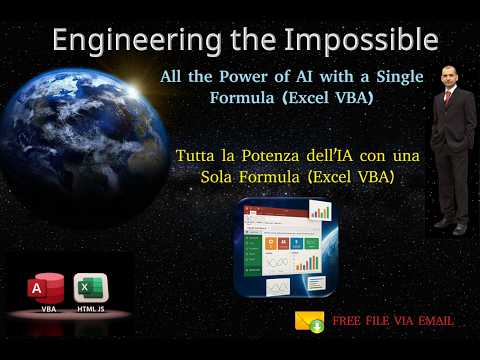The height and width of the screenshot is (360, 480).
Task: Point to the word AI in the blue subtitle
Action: (x=303, y=78)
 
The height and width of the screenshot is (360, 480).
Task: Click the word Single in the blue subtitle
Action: (x=396, y=78)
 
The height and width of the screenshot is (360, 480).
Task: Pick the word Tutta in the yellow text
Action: (x=197, y=157)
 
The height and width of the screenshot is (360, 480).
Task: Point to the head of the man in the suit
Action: (x=452, y=78)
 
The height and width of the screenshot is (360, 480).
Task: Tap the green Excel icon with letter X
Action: (x=90, y=288)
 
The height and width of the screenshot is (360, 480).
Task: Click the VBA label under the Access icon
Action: (x=48, y=310)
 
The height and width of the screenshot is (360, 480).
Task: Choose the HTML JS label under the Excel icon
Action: (x=91, y=310)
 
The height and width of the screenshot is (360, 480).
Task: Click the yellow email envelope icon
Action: (x=308, y=321)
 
